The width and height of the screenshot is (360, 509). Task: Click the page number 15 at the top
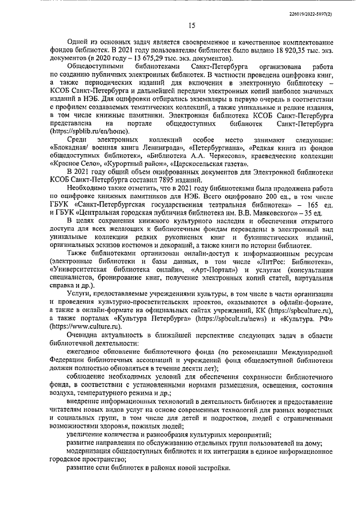coord(192,25)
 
